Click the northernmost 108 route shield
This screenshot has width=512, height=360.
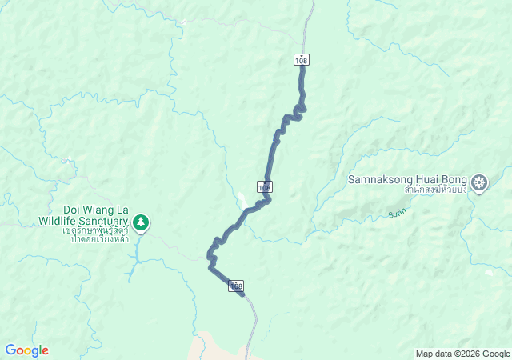(x=301, y=60)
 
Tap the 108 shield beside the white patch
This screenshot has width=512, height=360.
(x=266, y=186)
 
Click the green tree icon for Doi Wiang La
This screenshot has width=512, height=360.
(x=141, y=222)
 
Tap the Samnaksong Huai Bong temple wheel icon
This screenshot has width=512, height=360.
(x=479, y=183)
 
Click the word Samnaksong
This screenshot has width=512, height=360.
(x=381, y=179)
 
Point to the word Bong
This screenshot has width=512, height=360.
(x=456, y=179)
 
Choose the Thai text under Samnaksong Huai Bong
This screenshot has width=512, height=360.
(x=434, y=190)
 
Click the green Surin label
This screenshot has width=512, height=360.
(x=398, y=213)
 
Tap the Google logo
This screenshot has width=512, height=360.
(x=26, y=350)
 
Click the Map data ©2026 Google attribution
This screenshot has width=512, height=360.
(x=462, y=354)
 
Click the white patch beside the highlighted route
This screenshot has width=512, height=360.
(x=242, y=199)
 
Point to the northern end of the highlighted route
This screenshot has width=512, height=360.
(x=302, y=67)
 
